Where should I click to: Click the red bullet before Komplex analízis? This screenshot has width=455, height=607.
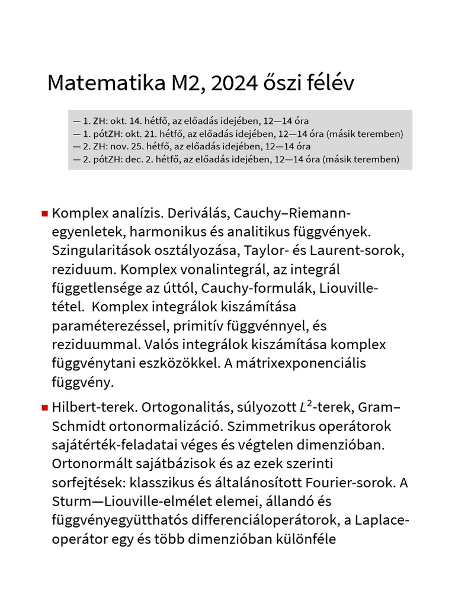pos(44,213)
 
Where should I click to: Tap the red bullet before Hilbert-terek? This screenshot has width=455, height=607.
pos(44,408)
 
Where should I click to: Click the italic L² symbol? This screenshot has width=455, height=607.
pos(304,406)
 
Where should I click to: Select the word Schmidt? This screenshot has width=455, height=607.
pos(77,427)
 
